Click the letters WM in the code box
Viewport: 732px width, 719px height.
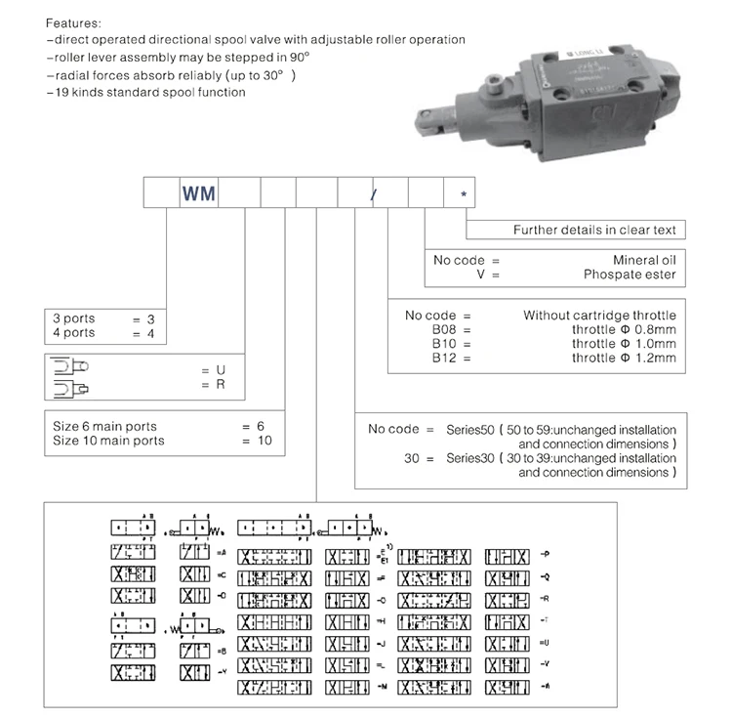(x=199, y=192)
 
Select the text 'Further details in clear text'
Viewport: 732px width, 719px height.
(x=594, y=231)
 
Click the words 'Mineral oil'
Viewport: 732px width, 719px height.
(x=643, y=261)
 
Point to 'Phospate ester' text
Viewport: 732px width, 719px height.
(x=630, y=275)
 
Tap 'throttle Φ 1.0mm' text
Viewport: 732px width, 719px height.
(x=624, y=344)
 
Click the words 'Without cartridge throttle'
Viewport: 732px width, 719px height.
(x=599, y=316)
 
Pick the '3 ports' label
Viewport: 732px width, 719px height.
(x=74, y=319)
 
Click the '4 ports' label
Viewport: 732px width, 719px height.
(x=74, y=333)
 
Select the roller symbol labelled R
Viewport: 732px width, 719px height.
(x=69, y=386)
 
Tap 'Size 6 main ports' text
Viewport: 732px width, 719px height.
(x=104, y=427)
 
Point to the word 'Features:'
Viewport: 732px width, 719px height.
(x=72, y=21)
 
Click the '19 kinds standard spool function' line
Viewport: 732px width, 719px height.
(x=145, y=93)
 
